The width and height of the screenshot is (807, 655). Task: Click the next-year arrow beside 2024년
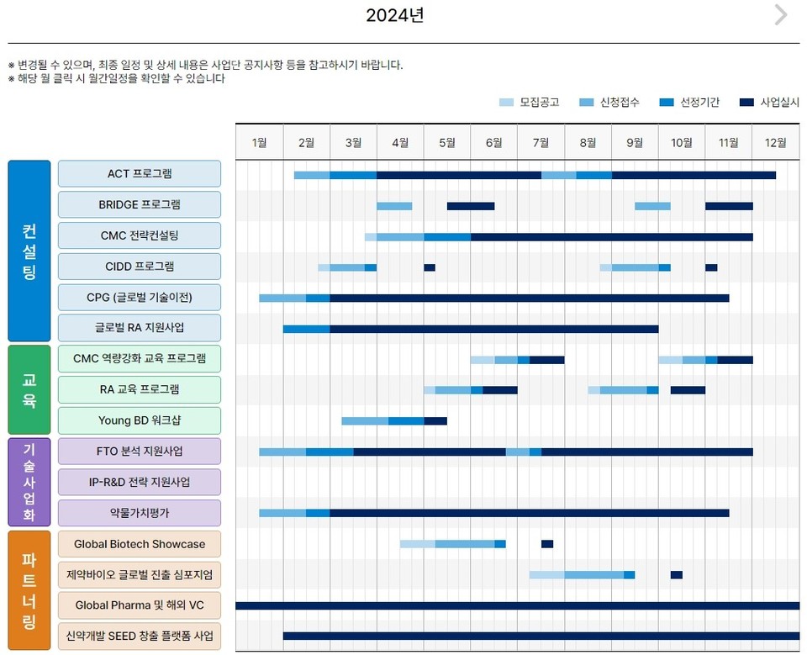[781, 15]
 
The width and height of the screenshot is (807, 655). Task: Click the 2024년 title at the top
[394, 15]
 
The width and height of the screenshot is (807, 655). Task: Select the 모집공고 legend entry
[530, 103]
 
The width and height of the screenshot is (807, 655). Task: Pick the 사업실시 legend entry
[769, 103]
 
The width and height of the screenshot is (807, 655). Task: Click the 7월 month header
[541, 142]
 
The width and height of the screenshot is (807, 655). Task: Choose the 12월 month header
[775, 142]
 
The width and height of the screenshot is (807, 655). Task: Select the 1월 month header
[259, 142]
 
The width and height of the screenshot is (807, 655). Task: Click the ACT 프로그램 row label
[140, 174]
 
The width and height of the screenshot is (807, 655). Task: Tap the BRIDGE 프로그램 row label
[140, 205]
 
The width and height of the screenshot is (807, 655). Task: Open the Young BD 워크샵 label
[140, 420]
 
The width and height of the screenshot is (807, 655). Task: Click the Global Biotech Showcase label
[140, 544]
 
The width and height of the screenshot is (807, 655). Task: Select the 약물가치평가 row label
[140, 513]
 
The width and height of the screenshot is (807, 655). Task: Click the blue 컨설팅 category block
[29, 251]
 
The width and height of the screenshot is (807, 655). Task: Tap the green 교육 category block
[29, 389]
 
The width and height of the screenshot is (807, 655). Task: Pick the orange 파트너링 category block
[29, 590]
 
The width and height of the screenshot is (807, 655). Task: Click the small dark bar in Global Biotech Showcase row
[547, 544]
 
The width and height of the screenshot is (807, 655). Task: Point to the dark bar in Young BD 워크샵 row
[435, 420]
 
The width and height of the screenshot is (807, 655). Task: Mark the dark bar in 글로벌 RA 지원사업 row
[493, 329]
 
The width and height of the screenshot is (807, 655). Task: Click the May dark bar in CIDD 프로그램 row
[430, 267]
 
